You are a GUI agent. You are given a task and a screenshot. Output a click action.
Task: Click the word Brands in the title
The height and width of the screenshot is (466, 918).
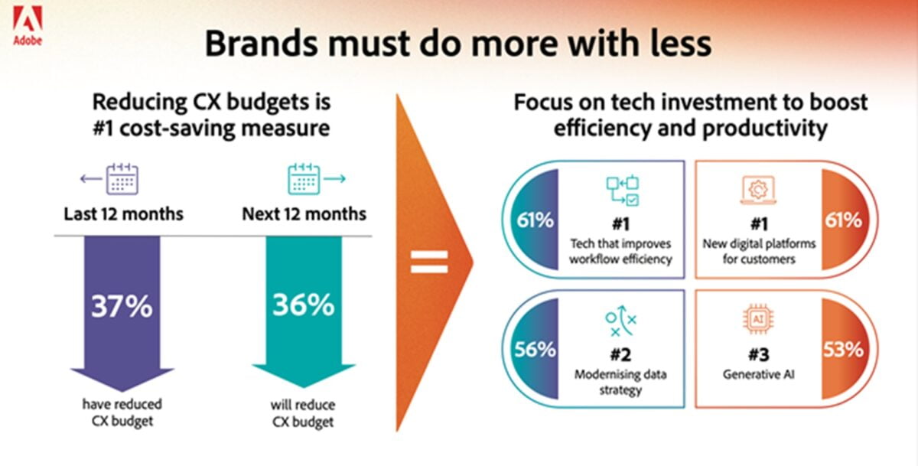(x=262, y=44)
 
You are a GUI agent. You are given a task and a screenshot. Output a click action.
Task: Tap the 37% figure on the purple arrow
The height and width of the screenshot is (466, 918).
(x=122, y=306)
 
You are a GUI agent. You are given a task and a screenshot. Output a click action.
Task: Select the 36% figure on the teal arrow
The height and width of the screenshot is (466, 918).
(x=303, y=305)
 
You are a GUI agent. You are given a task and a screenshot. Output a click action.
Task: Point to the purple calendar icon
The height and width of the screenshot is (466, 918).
(x=122, y=179)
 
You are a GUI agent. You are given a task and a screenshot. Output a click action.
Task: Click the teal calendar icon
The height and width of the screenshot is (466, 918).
(x=304, y=179)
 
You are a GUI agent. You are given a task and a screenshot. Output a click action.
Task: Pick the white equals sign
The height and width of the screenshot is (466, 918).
(x=429, y=262)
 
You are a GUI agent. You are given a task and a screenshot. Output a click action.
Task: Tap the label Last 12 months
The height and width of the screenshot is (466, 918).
(x=123, y=214)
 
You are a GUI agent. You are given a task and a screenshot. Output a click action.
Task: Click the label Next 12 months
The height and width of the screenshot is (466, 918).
(x=304, y=214)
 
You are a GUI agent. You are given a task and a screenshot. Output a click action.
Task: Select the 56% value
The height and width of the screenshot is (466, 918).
(x=535, y=350)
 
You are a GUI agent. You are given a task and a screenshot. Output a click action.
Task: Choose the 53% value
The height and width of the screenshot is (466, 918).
(x=843, y=350)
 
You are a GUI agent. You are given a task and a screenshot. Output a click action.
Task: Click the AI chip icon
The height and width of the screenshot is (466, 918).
(x=758, y=319)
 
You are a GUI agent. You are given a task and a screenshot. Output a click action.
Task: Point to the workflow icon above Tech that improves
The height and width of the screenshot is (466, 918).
(x=623, y=191)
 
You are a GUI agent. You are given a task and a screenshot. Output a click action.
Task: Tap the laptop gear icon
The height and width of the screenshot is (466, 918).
(x=758, y=190)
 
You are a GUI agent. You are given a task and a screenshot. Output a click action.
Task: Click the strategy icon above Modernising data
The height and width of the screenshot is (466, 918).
(x=621, y=321)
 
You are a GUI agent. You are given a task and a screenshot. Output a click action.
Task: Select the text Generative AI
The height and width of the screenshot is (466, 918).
(x=759, y=375)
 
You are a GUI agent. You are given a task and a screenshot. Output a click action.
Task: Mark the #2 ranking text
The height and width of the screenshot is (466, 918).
(x=620, y=354)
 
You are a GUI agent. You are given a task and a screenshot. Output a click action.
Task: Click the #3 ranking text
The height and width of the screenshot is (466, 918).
(x=759, y=354)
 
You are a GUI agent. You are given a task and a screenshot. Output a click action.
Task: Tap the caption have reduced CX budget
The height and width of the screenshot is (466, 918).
(x=122, y=412)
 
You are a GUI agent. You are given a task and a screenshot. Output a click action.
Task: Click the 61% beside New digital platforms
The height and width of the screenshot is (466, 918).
(x=843, y=220)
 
